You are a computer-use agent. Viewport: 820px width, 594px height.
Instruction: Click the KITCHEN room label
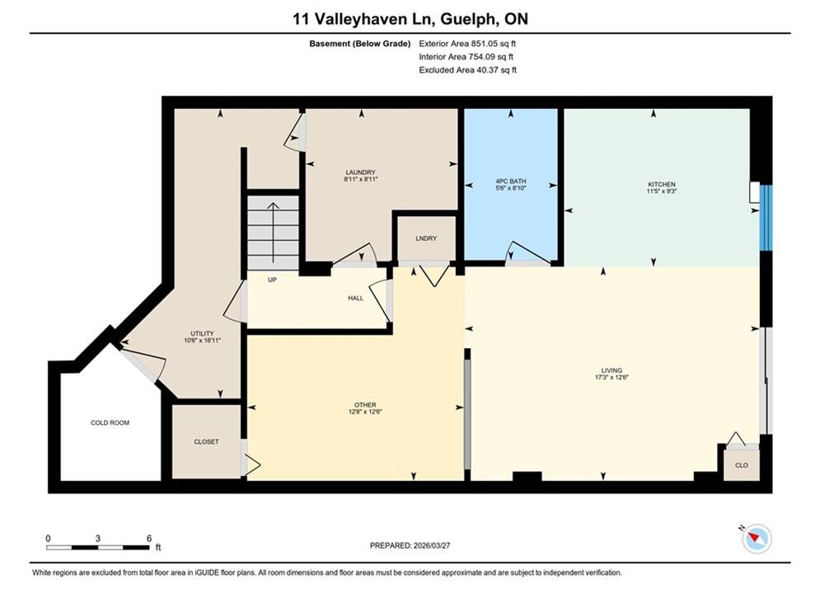click(662, 184)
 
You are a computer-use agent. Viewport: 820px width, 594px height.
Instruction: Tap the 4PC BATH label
click(511, 181)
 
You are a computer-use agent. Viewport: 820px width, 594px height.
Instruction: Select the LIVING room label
click(611, 370)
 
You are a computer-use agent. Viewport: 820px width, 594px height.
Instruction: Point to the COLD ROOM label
click(110, 422)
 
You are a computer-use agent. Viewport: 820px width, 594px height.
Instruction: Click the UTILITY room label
click(202, 333)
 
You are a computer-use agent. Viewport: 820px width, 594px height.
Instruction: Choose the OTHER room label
click(365, 404)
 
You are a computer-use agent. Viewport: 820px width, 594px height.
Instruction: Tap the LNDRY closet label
click(426, 238)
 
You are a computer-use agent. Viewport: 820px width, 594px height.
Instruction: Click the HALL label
click(356, 298)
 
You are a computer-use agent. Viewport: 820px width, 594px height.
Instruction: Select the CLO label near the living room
click(742, 464)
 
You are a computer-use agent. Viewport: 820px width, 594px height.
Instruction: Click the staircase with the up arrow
click(273, 233)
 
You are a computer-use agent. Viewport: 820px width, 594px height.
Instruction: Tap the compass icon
click(757, 539)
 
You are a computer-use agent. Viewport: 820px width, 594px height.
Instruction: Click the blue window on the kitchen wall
click(766, 217)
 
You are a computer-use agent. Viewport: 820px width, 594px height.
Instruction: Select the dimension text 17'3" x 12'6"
click(611, 377)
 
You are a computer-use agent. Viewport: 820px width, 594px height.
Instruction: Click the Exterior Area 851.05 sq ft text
click(467, 44)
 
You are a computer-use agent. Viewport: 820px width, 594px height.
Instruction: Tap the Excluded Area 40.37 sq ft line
click(467, 69)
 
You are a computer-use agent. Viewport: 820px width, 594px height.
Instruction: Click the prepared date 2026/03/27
click(432, 545)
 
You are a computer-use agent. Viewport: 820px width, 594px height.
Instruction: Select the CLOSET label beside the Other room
click(206, 441)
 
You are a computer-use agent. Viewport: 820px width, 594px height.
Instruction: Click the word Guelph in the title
click(466, 19)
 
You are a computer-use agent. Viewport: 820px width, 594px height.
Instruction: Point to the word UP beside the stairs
click(272, 280)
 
